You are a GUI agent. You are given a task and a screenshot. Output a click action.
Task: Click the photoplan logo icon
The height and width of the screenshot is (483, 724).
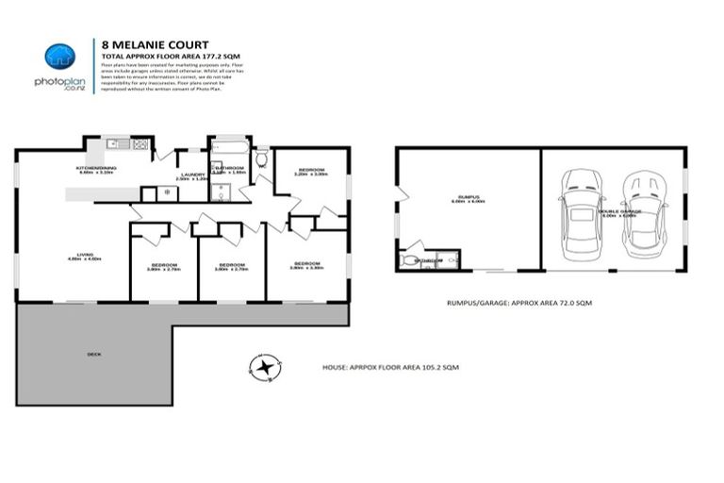(59, 57)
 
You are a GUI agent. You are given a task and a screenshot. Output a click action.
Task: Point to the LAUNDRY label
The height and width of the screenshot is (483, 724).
(191, 175)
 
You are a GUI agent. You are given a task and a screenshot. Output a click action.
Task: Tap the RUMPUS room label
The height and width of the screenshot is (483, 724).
(468, 197)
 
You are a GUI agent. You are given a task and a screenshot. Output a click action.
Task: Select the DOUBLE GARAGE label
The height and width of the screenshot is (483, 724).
(617, 211)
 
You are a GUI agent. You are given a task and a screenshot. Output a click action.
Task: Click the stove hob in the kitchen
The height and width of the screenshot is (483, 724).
(140, 144)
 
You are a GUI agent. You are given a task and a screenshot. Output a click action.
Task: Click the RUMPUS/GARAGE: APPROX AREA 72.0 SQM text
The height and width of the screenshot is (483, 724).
(525, 303)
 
